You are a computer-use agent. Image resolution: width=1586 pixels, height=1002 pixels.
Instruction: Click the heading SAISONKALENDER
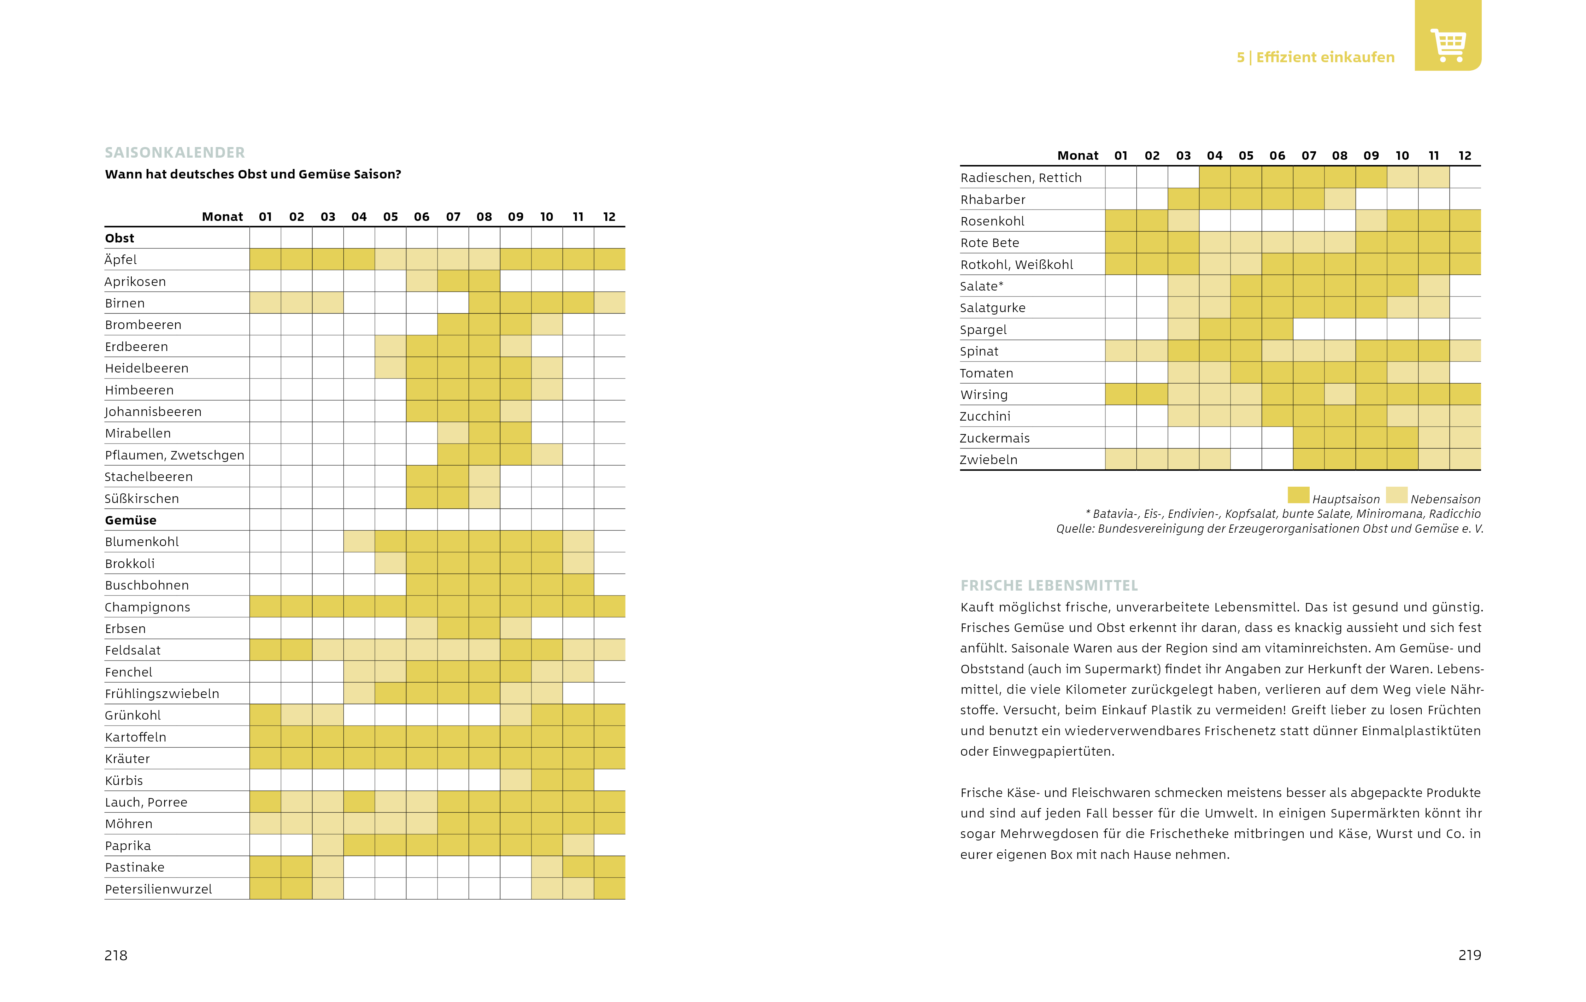coord(175,153)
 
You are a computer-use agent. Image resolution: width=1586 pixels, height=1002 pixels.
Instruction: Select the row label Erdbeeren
coord(136,346)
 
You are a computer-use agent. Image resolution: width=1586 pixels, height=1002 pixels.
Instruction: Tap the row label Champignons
coord(147,607)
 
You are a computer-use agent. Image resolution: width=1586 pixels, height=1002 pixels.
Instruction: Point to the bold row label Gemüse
coord(130,520)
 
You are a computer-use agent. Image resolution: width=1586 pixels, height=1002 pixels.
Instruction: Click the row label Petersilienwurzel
coord(158,889)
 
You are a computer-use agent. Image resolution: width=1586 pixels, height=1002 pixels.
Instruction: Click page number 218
coord(116,955)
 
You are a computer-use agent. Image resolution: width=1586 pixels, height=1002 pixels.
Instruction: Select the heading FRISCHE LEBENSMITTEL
coord(1048,586)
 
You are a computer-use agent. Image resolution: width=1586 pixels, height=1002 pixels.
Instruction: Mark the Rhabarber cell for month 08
coord(1340,199)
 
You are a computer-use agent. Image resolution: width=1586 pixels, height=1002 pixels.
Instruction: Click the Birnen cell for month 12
coord(609,303)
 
